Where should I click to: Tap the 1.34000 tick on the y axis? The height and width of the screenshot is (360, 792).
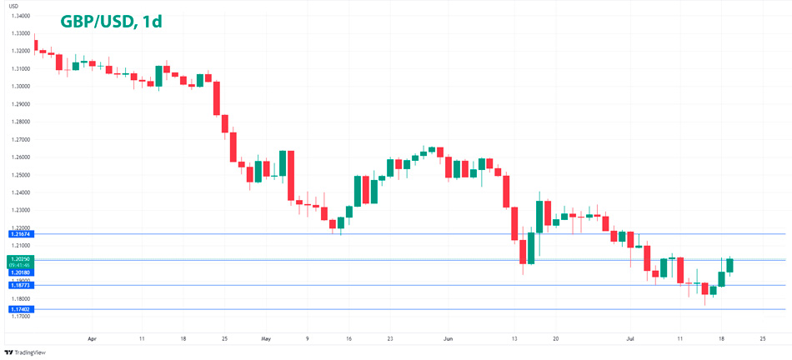pyautogui.click(x=22, y=16)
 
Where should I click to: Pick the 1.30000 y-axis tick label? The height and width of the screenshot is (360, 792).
pyautogui.click(x=22, y=87)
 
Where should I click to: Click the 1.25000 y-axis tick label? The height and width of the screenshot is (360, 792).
pyautogui.click(x=22, y=175)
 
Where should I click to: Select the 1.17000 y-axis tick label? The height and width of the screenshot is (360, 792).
pyautogui.click(x=22, y=317)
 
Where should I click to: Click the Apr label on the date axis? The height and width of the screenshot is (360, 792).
pyautogui.click(x=92, y=339)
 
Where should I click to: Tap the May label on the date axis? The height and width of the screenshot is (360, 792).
pyautogui.click(x=266, y=339)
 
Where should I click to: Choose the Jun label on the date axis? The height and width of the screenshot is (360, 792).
pyautogui.click(x=448, y=339)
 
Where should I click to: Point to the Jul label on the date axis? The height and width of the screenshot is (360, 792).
pyautogui.click(x=630, y=339)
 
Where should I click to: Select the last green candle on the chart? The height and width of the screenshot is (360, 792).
pyautogui.click(x=729, y=265)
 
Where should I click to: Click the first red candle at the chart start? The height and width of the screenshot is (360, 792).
pyautogui.click(x=35, y=45)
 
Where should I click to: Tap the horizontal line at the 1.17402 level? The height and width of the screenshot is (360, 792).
pyautogui.click(x=417, y=309)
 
